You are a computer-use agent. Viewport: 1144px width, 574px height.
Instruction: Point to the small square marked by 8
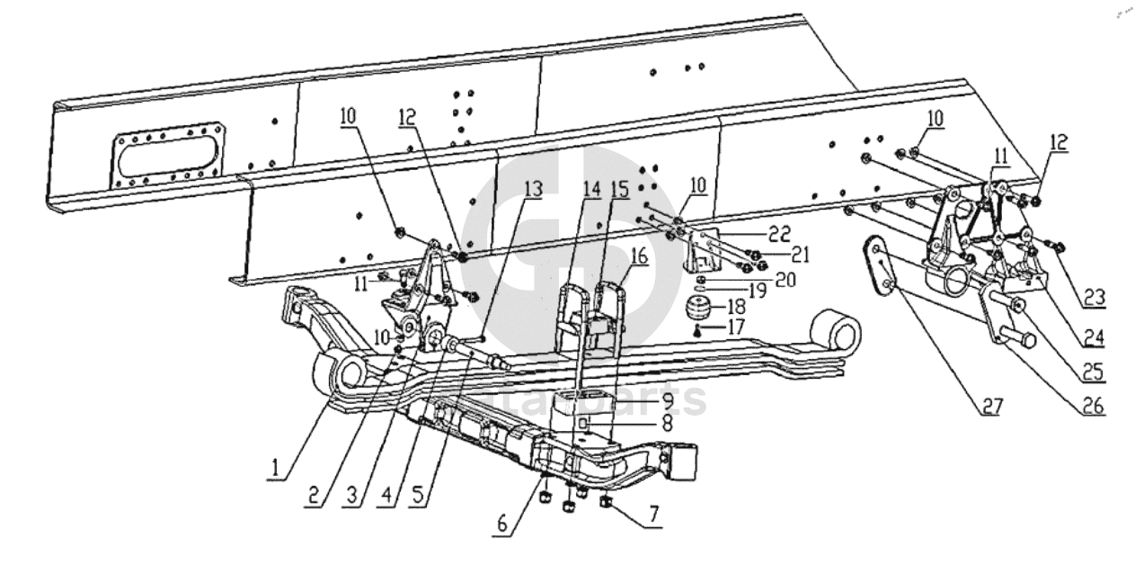pyautogui.click(x=584, y=420)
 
